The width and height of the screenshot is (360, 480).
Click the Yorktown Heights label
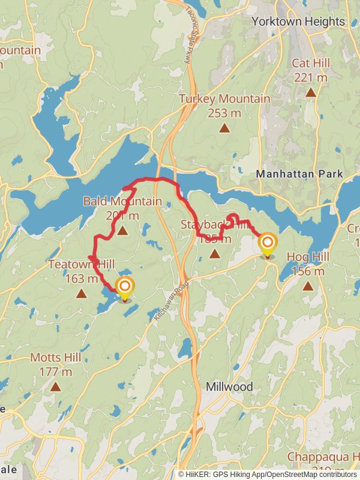point(298,22)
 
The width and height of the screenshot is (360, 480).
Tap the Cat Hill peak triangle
point(311,92)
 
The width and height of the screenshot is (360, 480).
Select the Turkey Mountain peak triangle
point(224,128)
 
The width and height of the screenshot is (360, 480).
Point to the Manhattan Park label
point(299,174)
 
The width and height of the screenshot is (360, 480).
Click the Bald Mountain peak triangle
point(122,230)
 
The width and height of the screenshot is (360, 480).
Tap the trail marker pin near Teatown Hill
point(125,289)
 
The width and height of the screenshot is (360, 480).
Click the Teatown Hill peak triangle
point(80,293)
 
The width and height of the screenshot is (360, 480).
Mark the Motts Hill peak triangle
point(56,387)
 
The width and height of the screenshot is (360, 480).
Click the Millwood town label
point(229,386)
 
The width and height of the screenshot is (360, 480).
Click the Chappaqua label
point(315,457)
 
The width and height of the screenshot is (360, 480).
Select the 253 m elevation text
point(224,112)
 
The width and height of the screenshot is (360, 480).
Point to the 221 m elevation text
point(310,77)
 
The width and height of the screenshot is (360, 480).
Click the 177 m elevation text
point(55,371)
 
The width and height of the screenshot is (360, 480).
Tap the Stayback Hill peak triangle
point(214,254)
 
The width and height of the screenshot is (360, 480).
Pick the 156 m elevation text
point(308,271)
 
